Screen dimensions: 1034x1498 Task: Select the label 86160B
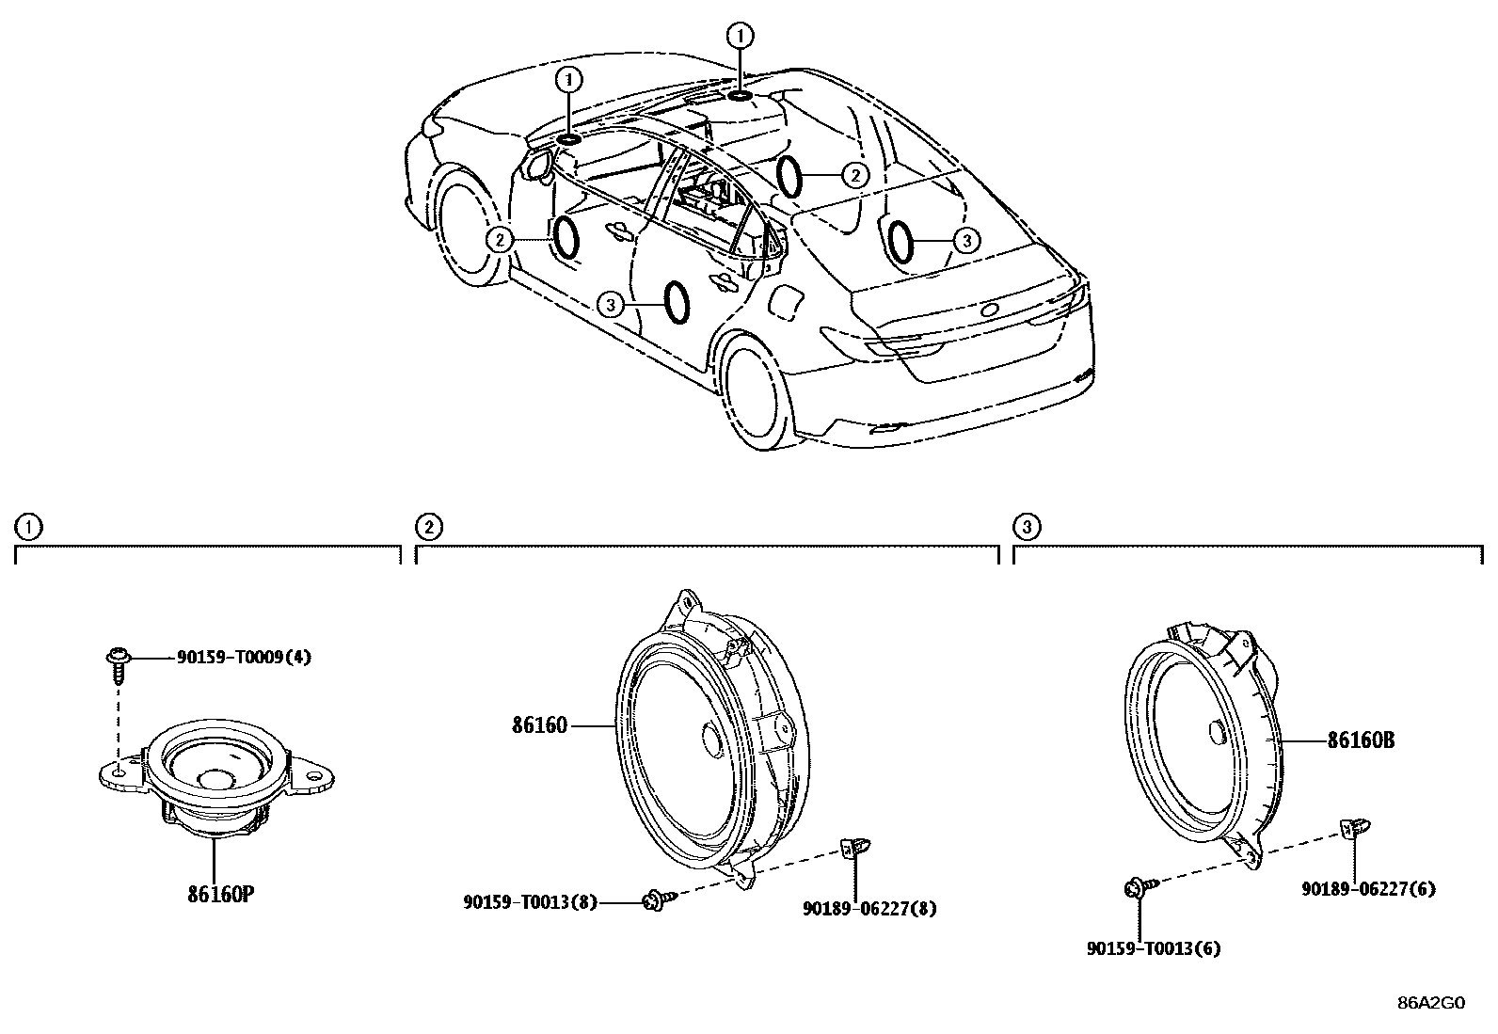pyautogui.click(x=1360, y=740)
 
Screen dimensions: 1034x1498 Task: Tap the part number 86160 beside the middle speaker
pyautogui.click(x=539, y=725)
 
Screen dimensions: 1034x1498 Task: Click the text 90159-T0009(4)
pyautogui.click(x=244, y=658)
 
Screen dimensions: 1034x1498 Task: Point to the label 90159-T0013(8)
pyautogui.click(x=530, y=901)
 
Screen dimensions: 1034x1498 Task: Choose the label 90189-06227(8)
pyautogui.click(x=869, y=908)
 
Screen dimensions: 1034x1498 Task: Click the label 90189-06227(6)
pyautogui.click(x=1368, y=888)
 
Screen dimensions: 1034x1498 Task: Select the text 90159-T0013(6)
pyautogui.click(x=1153, y=948)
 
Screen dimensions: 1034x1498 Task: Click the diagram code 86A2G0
pyautogui.click(x=1430, y=1003)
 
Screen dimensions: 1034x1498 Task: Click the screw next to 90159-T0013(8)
pyautogui.click(x=654, y=900)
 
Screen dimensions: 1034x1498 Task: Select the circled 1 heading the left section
pyautogui.click(x=30, y=527)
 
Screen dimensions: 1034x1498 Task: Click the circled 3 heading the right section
pyautogui.click(x=1028, y=527)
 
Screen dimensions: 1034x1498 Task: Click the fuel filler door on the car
pyautogui.click(x=787, y=303)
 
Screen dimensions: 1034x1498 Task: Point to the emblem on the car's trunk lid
pyautogui.click(x=990, y=310)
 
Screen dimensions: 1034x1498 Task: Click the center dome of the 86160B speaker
pyautogui.click(x=1214, y=732)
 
